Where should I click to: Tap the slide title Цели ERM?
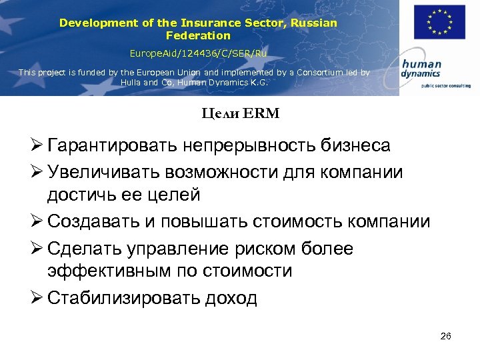pyautogui.click(x=241, y=114)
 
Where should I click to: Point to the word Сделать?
pyautogui.click(x=87, y=249)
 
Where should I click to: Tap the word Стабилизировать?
pyautogui.click(x=123, y=298)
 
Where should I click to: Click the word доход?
pyautogui.click(x=231, y=298)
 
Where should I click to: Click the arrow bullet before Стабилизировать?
pyautogui.click(x=38, y=298)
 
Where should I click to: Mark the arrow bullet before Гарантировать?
pyautogui.click(x=38, y=145)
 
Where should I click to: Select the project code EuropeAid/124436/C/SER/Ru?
pyautogui.click(x=198, y=51)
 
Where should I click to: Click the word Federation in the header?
pyautogui.click(x=198, y=35)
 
